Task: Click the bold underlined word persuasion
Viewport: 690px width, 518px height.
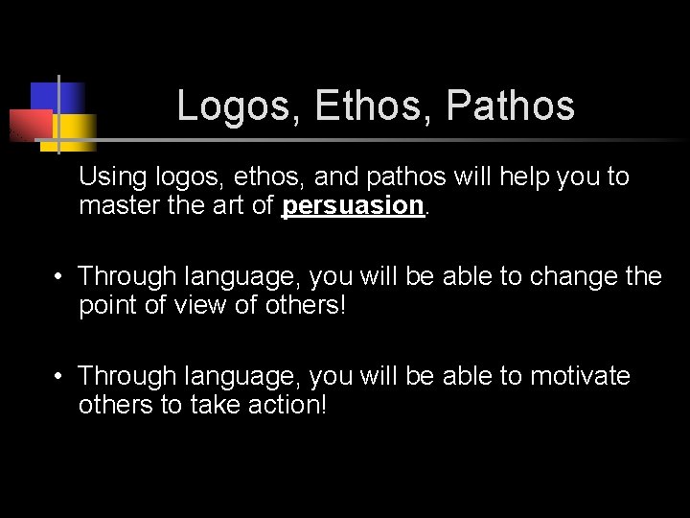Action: pyautogui.click(x=353, y=205)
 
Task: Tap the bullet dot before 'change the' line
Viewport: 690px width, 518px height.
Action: pyautogui.click(x=59, y=278)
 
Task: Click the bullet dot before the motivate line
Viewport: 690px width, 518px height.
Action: pyautogui.click(x=59, y=377)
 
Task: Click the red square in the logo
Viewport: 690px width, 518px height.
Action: pyautogui.click(x=29, y=123)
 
